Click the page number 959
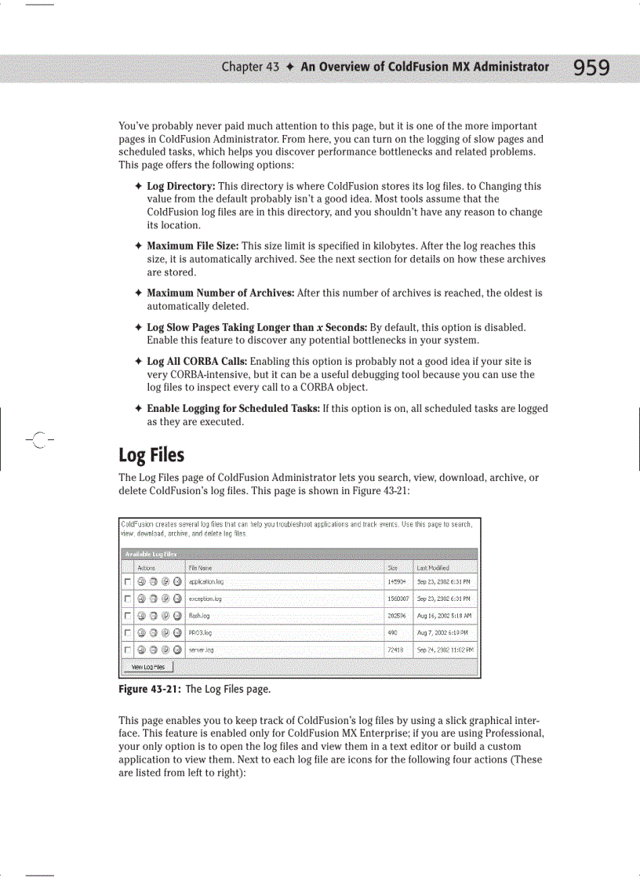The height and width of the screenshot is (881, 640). (591, 68)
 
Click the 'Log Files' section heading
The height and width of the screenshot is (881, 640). (151, 455)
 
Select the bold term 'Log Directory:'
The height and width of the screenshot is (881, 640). (180, 187)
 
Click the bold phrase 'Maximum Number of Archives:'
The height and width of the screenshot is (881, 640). (220, 293)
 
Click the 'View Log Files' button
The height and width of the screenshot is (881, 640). (148, 667)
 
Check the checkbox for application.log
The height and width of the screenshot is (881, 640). (127, 582)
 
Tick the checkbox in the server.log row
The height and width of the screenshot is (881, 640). (127, 650)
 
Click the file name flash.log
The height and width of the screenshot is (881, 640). (199, 616)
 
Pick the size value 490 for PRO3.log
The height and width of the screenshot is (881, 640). (393, 632)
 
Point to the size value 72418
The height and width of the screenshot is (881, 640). (396, 650)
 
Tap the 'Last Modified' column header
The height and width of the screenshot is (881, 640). (433, 567)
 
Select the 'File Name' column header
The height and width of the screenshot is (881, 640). (200, 567)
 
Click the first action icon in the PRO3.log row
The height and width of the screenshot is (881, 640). (141, 632)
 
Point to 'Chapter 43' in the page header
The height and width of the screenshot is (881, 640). (250, 67)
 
